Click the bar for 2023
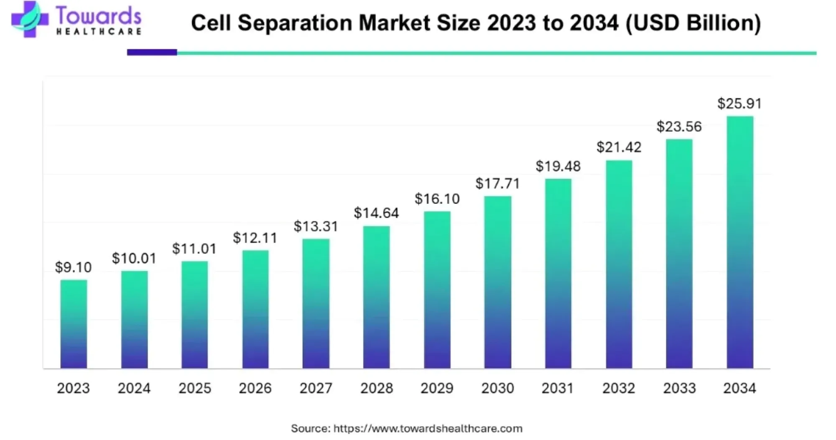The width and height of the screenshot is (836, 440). point(74,324)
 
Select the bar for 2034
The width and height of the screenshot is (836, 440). point(740,242)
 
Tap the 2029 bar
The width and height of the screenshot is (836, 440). point(437,290)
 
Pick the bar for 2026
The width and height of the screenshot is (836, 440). point(255,309)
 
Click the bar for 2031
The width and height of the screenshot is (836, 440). point(558,274)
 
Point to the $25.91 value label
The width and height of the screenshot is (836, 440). point(739,104)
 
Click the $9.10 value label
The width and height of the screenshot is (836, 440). point(74,267)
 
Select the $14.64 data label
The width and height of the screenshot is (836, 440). point(376,213)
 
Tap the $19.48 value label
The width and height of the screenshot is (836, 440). point(558,166)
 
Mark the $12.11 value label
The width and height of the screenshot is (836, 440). point(255,238)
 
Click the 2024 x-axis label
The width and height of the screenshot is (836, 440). point(134,388)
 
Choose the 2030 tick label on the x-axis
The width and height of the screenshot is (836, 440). point(497,388)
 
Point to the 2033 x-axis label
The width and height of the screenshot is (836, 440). point(679,388)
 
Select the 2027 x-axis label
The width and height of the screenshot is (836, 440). point(316,388)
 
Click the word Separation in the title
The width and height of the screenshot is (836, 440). point(296,23)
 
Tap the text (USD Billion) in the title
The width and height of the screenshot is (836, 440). point(693,23)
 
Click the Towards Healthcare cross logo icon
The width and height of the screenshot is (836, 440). point(29,19)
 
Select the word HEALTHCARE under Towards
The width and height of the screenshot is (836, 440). point(99,32)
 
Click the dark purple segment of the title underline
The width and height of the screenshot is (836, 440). point(152,53)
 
